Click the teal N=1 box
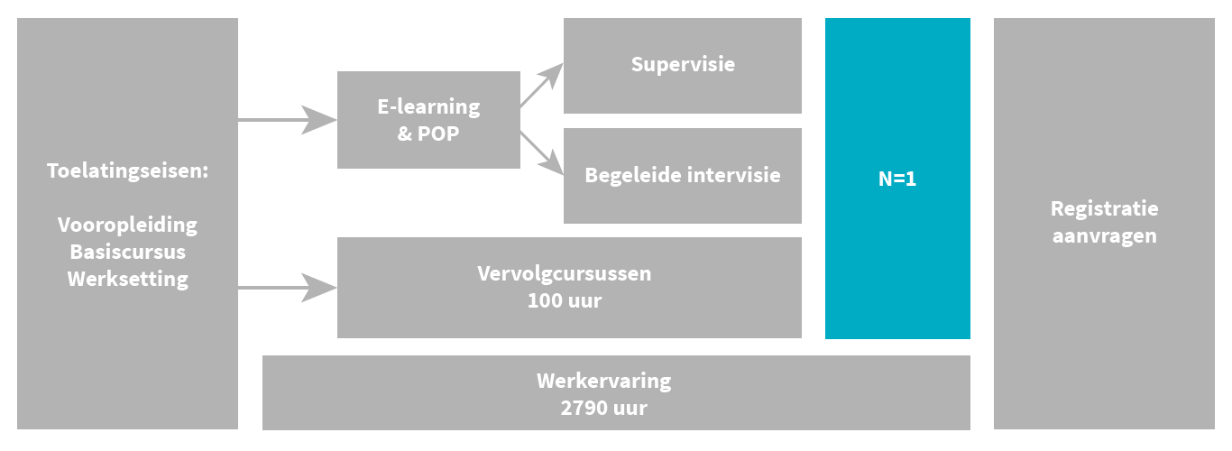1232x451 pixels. [x=897, y=179]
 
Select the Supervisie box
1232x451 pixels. [x=682, y=65]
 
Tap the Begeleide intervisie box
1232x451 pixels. [x=682, y=175]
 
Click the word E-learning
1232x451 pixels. [x=428, y=106]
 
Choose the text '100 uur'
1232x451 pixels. [x=564, y=300]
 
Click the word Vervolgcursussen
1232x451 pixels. [x=564, y=273]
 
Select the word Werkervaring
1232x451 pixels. [x=603, y=380]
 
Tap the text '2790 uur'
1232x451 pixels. [x=603, y=407]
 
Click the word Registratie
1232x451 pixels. [x=1104, y=208]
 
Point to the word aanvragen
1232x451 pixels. [x=1104, y=236]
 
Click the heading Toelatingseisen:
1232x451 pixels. [x=127, y=170]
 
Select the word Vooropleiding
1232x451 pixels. [x=127, y=225]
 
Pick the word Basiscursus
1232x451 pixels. [x=127, y=251]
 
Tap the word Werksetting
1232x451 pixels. [x=127, y=278]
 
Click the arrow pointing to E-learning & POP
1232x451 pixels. [x=289, y=119]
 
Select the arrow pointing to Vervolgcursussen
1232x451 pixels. [x=289, y=288]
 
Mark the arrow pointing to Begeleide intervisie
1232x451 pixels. [x=541, y=153]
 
